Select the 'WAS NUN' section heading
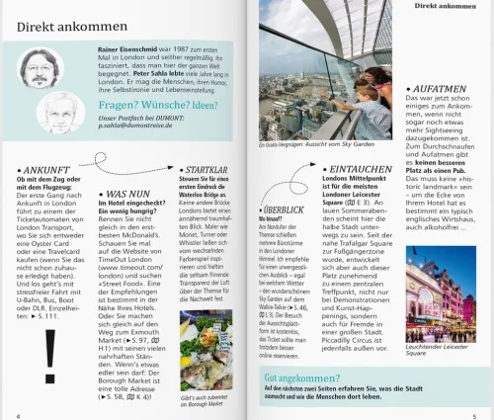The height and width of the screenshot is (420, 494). [129, 196]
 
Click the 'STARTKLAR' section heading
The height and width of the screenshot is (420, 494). [206, 170]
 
